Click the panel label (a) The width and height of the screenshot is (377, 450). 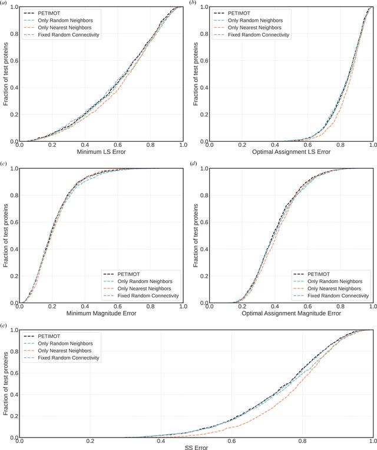click(4, 2)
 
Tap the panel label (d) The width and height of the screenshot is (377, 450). click(194, 163)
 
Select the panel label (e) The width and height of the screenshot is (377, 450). click(4, 325)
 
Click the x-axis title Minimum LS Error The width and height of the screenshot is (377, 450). click(101, 152)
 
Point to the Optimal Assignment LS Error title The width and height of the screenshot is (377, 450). click(291, 152)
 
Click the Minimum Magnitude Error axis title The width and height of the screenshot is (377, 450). click(101, 313)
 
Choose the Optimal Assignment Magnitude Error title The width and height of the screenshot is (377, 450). click(291, 313)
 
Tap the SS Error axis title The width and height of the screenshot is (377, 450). click(196, 448)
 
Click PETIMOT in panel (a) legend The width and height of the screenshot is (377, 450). click(49, 13)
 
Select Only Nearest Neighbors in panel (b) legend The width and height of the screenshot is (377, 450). click(254, 28)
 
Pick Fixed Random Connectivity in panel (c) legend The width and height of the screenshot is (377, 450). click(148, 295)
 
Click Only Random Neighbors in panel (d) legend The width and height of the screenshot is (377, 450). click(335, 281)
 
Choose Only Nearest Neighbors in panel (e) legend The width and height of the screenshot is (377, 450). click(65, 351)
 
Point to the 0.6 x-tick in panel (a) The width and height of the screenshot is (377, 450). click(118, 145)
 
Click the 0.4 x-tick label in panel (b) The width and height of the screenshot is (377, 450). click(275, 145)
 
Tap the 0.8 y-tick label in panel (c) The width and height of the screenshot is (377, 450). click(14, 195)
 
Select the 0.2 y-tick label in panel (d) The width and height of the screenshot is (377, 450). click(204, 276)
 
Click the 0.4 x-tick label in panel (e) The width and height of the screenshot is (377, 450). click(161, 441)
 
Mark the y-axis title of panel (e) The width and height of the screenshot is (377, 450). click(6, 383)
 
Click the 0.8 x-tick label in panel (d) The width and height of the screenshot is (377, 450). click(340, 307)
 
